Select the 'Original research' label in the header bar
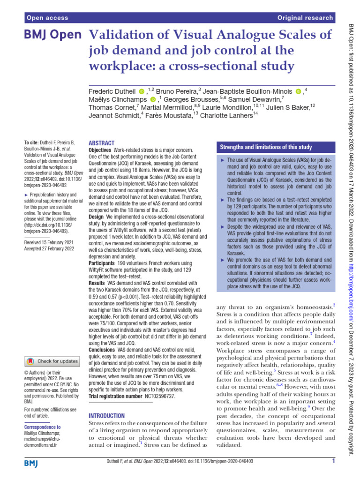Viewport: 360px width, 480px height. pyautogui.click(x=305, y=18)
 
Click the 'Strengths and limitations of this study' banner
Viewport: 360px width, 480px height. pyautogui.click(x=266, y=148)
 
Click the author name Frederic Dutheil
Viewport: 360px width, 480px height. pyautogui.click(x=112, y=90)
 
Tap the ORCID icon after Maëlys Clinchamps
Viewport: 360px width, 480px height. pyautogui.click(x=153, y=99)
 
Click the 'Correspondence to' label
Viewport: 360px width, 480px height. pyautogui.click(x=42, y=427)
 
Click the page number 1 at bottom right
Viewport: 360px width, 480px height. pyautogui.click(x=333, y=461)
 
